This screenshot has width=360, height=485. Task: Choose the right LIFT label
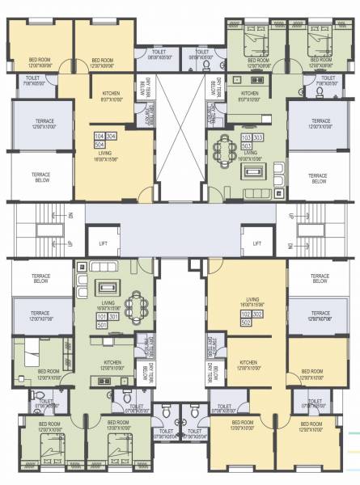pyautogui.click(x=257, y=243)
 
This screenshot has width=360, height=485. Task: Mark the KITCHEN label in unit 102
pyautogui.click(x=249, y=364)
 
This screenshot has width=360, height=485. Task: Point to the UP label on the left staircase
pyautogui.click(x=70, y=244)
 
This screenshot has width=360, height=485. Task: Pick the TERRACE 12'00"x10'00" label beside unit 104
pyautogui.click(x=41, y=123)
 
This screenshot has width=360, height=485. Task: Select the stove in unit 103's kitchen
pyautogui.click(x=258, y=80)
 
